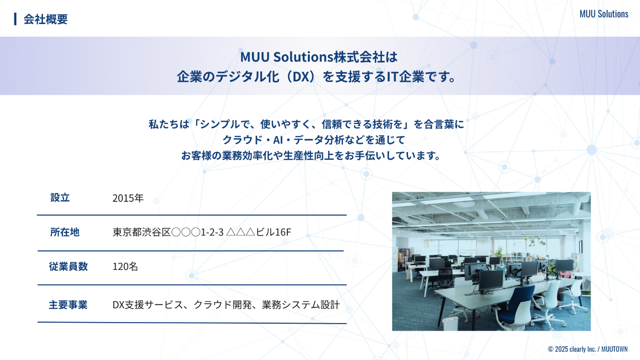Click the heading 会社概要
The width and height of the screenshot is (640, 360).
(x=46, y=19)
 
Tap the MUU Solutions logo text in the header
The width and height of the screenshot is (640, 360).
(x=604, y=14)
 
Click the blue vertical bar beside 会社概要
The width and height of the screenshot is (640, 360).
(x=15, y=19)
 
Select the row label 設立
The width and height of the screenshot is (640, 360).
(x=60, y=198)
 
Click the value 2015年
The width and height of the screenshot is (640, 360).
(x=127, y=198)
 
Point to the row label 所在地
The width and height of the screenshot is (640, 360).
(x=65, y=232)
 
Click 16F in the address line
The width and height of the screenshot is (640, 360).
(x=283, y=232)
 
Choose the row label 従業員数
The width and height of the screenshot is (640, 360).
(x=68, y=266)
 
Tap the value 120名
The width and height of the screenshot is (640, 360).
(x=125, y=266)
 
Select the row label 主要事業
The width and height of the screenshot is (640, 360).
(x=68, y=305)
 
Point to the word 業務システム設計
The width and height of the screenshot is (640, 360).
(x=301, y=305)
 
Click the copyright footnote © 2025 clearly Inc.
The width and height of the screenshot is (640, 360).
(x=571, y=349)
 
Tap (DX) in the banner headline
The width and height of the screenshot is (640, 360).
(x=302, y=77)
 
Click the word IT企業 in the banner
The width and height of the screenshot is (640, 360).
(x=406, y=77)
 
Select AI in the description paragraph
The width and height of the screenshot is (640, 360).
(x=278, y=140)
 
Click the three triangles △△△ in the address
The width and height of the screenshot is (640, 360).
(x=240, y=232)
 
